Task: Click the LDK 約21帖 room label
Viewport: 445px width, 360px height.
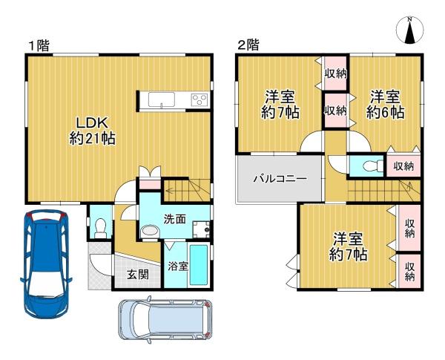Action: [x=93, y=131]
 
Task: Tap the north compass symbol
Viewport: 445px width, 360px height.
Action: [x=409, y=30]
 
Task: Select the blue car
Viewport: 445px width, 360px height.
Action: [x=46, y=264]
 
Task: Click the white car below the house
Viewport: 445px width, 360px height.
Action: [x=165, y=320]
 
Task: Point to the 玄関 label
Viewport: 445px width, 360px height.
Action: [x=138, y=275]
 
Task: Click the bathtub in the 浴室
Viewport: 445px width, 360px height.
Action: [x=199, y=265]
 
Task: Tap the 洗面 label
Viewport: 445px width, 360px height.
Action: [x=175, y=219]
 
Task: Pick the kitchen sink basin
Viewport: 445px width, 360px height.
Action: [x=162, y=99]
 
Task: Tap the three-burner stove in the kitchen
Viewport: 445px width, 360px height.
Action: [x=200, y=99]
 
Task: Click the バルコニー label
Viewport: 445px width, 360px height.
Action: [x=280, y=179]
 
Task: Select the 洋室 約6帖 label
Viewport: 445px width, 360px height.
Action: [x=385, y=104]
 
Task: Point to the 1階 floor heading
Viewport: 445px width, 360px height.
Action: [x=39, y=46]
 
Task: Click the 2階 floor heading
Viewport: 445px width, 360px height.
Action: [x=248, y=45]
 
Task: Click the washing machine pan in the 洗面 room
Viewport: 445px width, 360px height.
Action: [x=202, y=229]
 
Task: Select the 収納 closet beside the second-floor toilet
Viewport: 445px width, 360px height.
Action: [x=403, y=166]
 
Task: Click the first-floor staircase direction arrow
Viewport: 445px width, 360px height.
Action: [x=181, y=190]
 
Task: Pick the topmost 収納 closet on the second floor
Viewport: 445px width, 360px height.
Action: [x=336, y=73]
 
